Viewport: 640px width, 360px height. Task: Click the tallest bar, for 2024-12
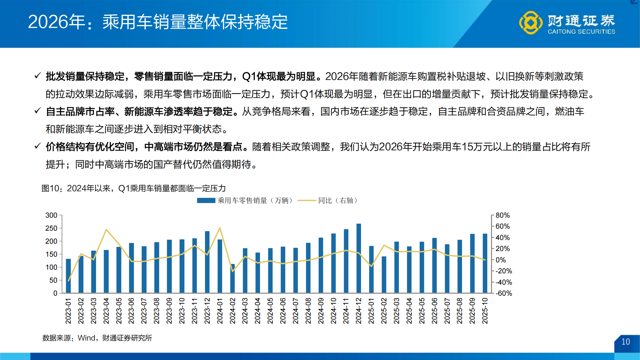click(x=359, y=258)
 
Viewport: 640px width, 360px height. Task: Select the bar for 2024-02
click(x=232, y=279)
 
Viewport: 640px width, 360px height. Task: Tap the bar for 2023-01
click(x=68, y=276)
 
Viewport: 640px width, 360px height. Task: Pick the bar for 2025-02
click(x=384, y=275)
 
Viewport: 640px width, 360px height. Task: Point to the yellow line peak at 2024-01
click(x=220, y=228)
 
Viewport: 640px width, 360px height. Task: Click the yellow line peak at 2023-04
click(x=106, y=230)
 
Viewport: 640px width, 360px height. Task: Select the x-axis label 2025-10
click(x=485, y=311)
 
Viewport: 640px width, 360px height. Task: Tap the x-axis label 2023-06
click(x=131, y=311)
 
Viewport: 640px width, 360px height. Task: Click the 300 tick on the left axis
click(x=51, y=215)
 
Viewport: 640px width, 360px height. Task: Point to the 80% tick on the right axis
click(x=502, y=215)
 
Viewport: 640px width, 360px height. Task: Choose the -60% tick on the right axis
click(x=503, y=293)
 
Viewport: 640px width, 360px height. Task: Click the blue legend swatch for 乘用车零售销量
click(x=206, y=201)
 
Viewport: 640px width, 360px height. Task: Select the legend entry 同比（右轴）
click(x=337, y=201)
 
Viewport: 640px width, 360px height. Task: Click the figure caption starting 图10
click(x=133, y=188)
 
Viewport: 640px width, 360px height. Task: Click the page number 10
click(x=626, y=342)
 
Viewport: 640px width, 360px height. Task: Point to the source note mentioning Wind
click(x=97, y=338)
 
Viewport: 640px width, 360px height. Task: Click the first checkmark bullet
click(x=38, y=76)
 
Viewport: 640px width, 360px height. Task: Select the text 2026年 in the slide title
click(x=57, y=22)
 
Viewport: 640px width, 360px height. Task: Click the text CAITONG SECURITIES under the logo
click(x=581, y=32)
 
